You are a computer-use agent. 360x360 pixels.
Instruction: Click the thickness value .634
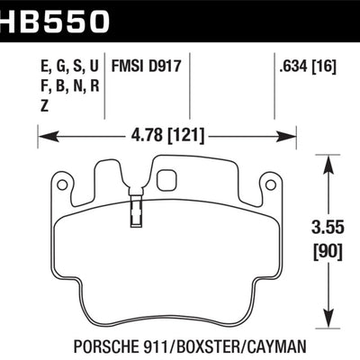point(291,66)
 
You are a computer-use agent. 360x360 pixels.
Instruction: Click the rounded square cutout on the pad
point(166,180)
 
